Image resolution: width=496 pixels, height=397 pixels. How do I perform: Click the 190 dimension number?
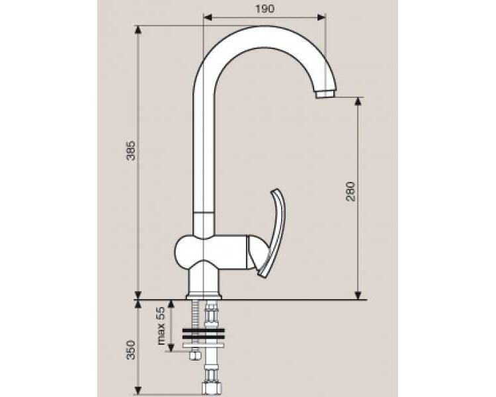pyautogui.click(x=265, y=9)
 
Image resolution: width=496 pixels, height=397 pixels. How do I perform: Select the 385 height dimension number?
pyautogui.click(x=131, y=151)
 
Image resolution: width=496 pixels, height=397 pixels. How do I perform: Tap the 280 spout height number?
pyautogui.click(x=351, y=191)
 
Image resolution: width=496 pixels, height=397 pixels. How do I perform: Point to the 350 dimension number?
pyautogui.click(x=131, y=350)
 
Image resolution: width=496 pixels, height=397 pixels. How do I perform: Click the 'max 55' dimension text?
pyautogui.click(x=161, y=326)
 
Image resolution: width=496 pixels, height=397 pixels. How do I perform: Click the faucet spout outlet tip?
pyautogui.click(x=324, y=95)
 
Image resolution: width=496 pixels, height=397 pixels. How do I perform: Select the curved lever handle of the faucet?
pyautogui.click(x=272, y=234)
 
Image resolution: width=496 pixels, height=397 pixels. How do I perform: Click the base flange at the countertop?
pyautogui.click(x=204, y=296)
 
